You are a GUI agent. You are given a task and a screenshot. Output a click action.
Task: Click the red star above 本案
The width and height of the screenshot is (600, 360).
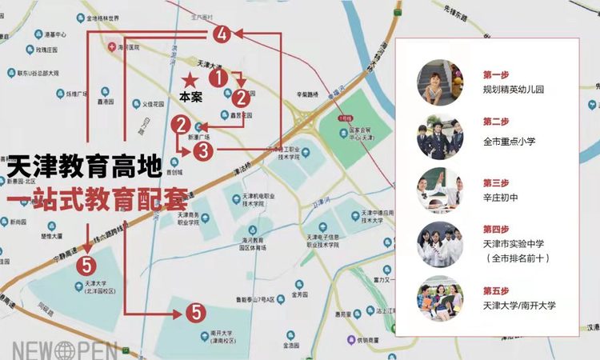(x=190, y=80)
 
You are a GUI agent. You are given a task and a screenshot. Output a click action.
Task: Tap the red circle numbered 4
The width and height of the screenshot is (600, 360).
(x=222, y=34)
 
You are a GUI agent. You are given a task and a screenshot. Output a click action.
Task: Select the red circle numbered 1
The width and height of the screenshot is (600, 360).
(x=217, y=78)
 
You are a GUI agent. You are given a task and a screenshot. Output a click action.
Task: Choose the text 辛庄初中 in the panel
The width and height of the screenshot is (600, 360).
(x=502, y=198)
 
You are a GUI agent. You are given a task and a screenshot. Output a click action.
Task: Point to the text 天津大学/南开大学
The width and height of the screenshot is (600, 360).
(x=518, y=305)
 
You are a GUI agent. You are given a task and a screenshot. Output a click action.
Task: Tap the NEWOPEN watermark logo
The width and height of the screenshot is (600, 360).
(x=64, y=350)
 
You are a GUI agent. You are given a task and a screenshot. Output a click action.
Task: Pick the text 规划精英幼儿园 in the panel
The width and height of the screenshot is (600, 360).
(x=513, y=90)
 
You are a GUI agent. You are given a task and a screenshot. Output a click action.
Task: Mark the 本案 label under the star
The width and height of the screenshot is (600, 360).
(x=190, y=97)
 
